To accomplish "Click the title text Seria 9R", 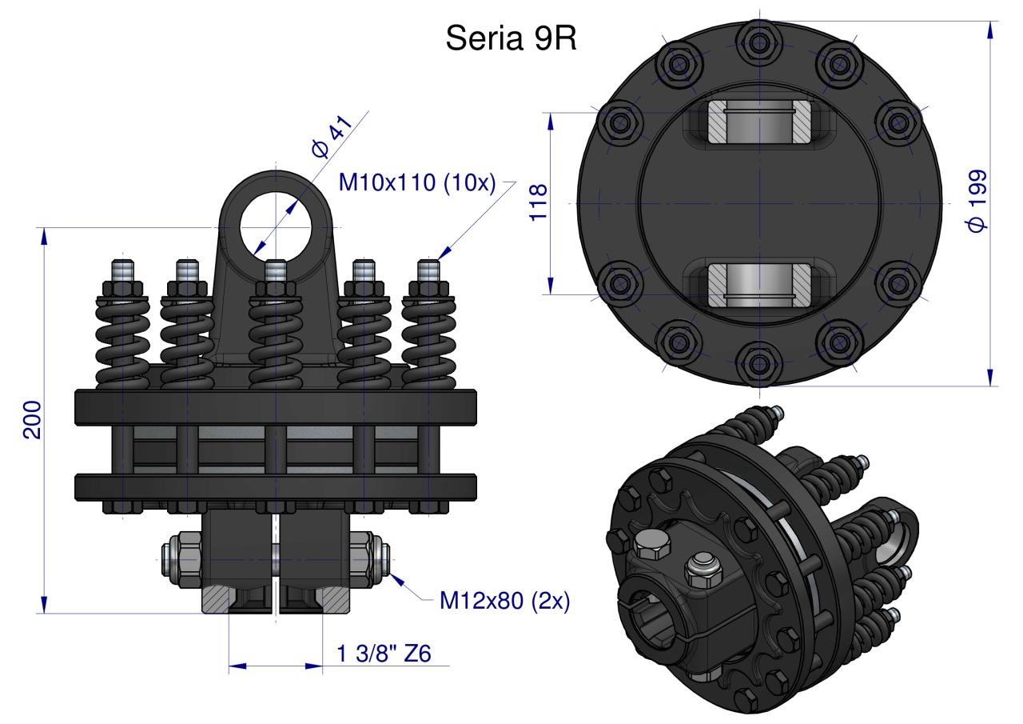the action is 511,38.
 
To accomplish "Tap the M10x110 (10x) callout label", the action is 417,183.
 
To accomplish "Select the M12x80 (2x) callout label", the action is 504,601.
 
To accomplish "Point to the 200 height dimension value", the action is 33,419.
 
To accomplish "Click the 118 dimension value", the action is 538,202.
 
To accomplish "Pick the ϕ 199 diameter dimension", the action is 977,201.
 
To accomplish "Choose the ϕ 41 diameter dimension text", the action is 332,136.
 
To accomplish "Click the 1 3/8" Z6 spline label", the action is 384,654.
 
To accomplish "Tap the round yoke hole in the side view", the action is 276,227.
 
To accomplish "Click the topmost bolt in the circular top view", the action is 759,43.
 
